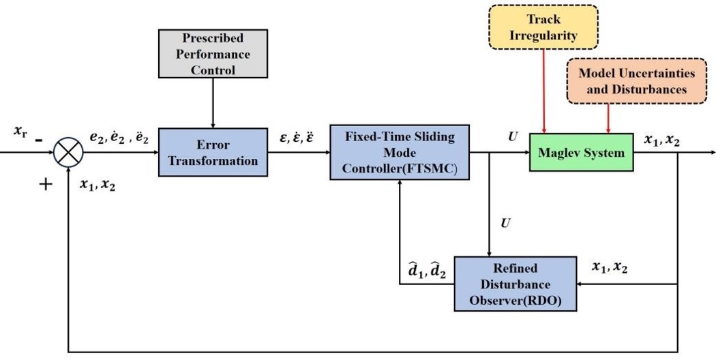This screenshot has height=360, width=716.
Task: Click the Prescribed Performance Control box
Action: click(x=213, y=54)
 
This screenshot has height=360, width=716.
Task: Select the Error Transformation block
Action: click(x=213, y=152)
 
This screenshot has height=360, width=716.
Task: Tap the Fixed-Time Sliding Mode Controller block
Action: click(x=399, y=151)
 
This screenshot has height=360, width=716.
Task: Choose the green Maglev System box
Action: click(x=581, y=152)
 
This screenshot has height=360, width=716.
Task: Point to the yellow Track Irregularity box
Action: click(x=543, y=27)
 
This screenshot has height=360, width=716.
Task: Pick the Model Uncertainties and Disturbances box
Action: click(x=637, y=81)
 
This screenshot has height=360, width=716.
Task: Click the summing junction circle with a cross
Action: click(x=68, y=152)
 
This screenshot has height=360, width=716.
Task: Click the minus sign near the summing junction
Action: click(x=39, y=139)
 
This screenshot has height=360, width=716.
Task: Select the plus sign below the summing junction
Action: click(x=45, y=184)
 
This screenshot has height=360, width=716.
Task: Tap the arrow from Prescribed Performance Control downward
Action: click(x=213, y=102)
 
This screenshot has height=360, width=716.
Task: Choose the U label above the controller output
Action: click(x=512, y=136)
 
